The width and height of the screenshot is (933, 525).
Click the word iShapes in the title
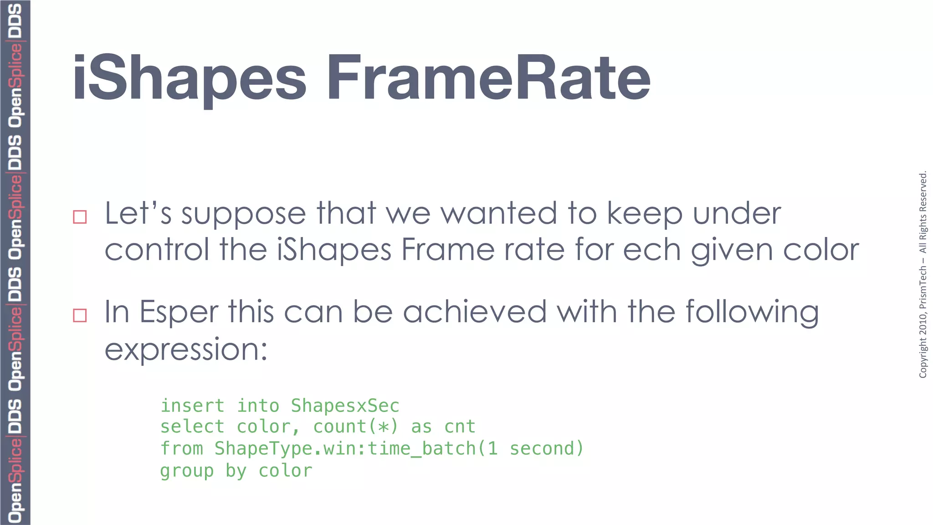[x=189, y=78]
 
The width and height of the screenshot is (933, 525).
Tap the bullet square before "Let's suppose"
[x=80, y=217]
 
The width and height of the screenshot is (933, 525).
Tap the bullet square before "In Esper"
[x=80, y=315]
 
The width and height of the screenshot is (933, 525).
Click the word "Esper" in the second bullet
[x=179, y=312]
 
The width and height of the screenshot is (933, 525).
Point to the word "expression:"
[x=186, y=350]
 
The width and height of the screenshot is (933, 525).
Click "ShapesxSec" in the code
[x=345, y=406]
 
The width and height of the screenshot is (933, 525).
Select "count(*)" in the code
[x=355, y=427]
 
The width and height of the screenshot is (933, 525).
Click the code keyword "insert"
[x=192, y=406]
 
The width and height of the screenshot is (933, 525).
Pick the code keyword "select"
[x=192, y=427]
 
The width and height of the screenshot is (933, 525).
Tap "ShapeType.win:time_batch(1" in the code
[x=356, y=449]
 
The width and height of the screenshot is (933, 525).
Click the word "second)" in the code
[x=546, y=449]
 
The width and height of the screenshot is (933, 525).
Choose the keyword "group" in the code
[x=187, y=471]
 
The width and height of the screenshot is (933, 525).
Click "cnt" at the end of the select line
[x=460, y=427]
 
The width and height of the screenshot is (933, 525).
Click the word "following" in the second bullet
[x=752, y=313]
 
